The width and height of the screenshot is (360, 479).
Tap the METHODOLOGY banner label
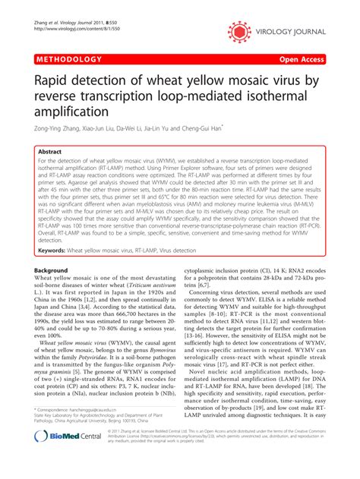point(68,58)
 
